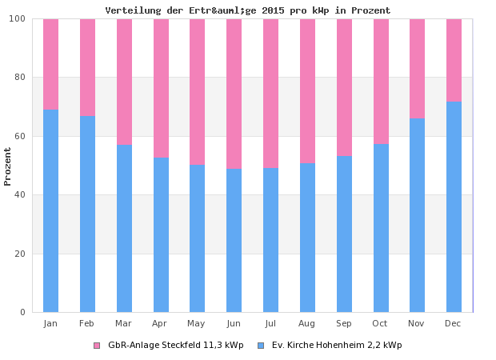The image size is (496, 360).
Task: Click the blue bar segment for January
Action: (x=50, y=210)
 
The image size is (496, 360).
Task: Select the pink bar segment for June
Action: (x=234, y=94)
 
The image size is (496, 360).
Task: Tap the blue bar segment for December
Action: (x=454, y=206)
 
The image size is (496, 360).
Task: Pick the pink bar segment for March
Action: (x=124, y=82)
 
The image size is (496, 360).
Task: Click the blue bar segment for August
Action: (x=307, y=237)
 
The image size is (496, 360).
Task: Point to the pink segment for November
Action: (x=417, y=68)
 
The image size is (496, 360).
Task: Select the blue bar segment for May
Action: (x=197, y=238)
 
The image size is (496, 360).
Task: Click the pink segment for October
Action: (x=381, y=81)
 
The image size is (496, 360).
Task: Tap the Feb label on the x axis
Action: (x=87, y=323)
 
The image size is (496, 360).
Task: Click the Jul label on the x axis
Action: (x=270, y=323)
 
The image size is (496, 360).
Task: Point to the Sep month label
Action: (x=344, y=323)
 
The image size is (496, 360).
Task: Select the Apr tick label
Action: (x=160, y=323)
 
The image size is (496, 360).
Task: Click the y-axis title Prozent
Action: (x=8, y=166)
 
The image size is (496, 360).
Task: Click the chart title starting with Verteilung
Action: (x=248, y=10)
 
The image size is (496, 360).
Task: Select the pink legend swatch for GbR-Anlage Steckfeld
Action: (x=97, y=346)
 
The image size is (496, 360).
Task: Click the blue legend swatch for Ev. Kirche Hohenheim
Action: (x=261, y=346)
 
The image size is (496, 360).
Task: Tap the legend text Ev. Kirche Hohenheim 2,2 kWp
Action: (x=337, y=346)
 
